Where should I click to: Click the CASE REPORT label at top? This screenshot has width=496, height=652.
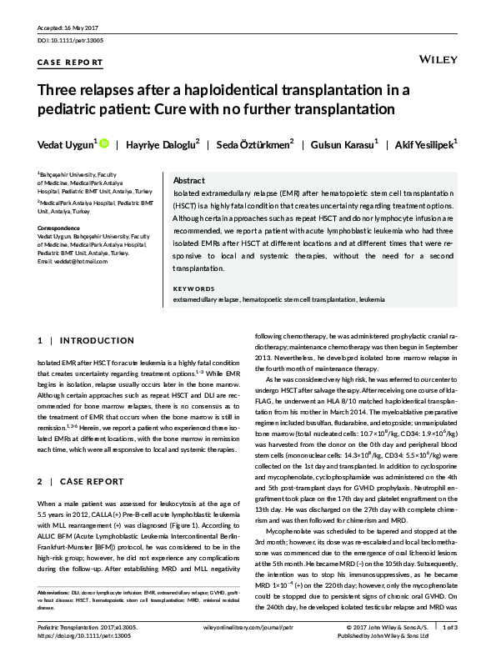(x=71, y=63)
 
